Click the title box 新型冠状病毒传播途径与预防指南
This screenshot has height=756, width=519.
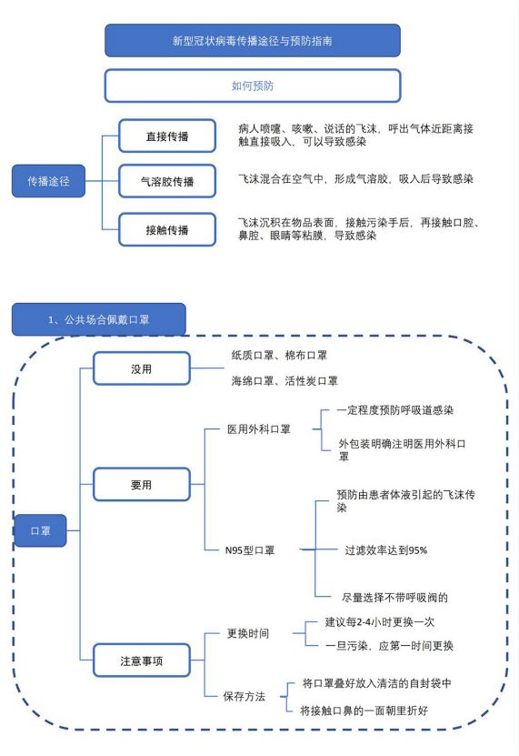pos(253,41)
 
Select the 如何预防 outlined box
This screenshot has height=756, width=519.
pos(253,86)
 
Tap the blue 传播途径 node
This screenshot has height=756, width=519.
pos(48,181)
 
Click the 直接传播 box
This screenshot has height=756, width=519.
pos(167,136)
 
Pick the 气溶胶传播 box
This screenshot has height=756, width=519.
pos(167,182)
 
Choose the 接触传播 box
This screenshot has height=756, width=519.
pos(167,230)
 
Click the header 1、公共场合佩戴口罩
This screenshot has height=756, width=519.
pos(99,319)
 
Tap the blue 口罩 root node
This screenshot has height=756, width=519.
pos(40,531)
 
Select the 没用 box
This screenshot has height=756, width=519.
pos(142,368)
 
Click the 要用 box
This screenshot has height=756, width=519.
pos(142,485)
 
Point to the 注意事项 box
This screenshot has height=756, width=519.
pos(142,660)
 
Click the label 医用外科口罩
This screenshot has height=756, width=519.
pos(259,429)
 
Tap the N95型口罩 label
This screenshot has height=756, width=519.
pos(250,550)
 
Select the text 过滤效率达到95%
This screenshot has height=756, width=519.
pos(386,550)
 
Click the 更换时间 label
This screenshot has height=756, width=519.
pos(248,633)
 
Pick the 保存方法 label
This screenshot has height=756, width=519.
pos(244,696)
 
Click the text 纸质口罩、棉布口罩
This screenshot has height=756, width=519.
pos(280,356)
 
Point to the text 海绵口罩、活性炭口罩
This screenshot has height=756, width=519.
pos(284,381)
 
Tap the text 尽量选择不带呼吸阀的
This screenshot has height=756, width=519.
pos(395,598)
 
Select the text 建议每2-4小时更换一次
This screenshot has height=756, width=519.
pos(380,622)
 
